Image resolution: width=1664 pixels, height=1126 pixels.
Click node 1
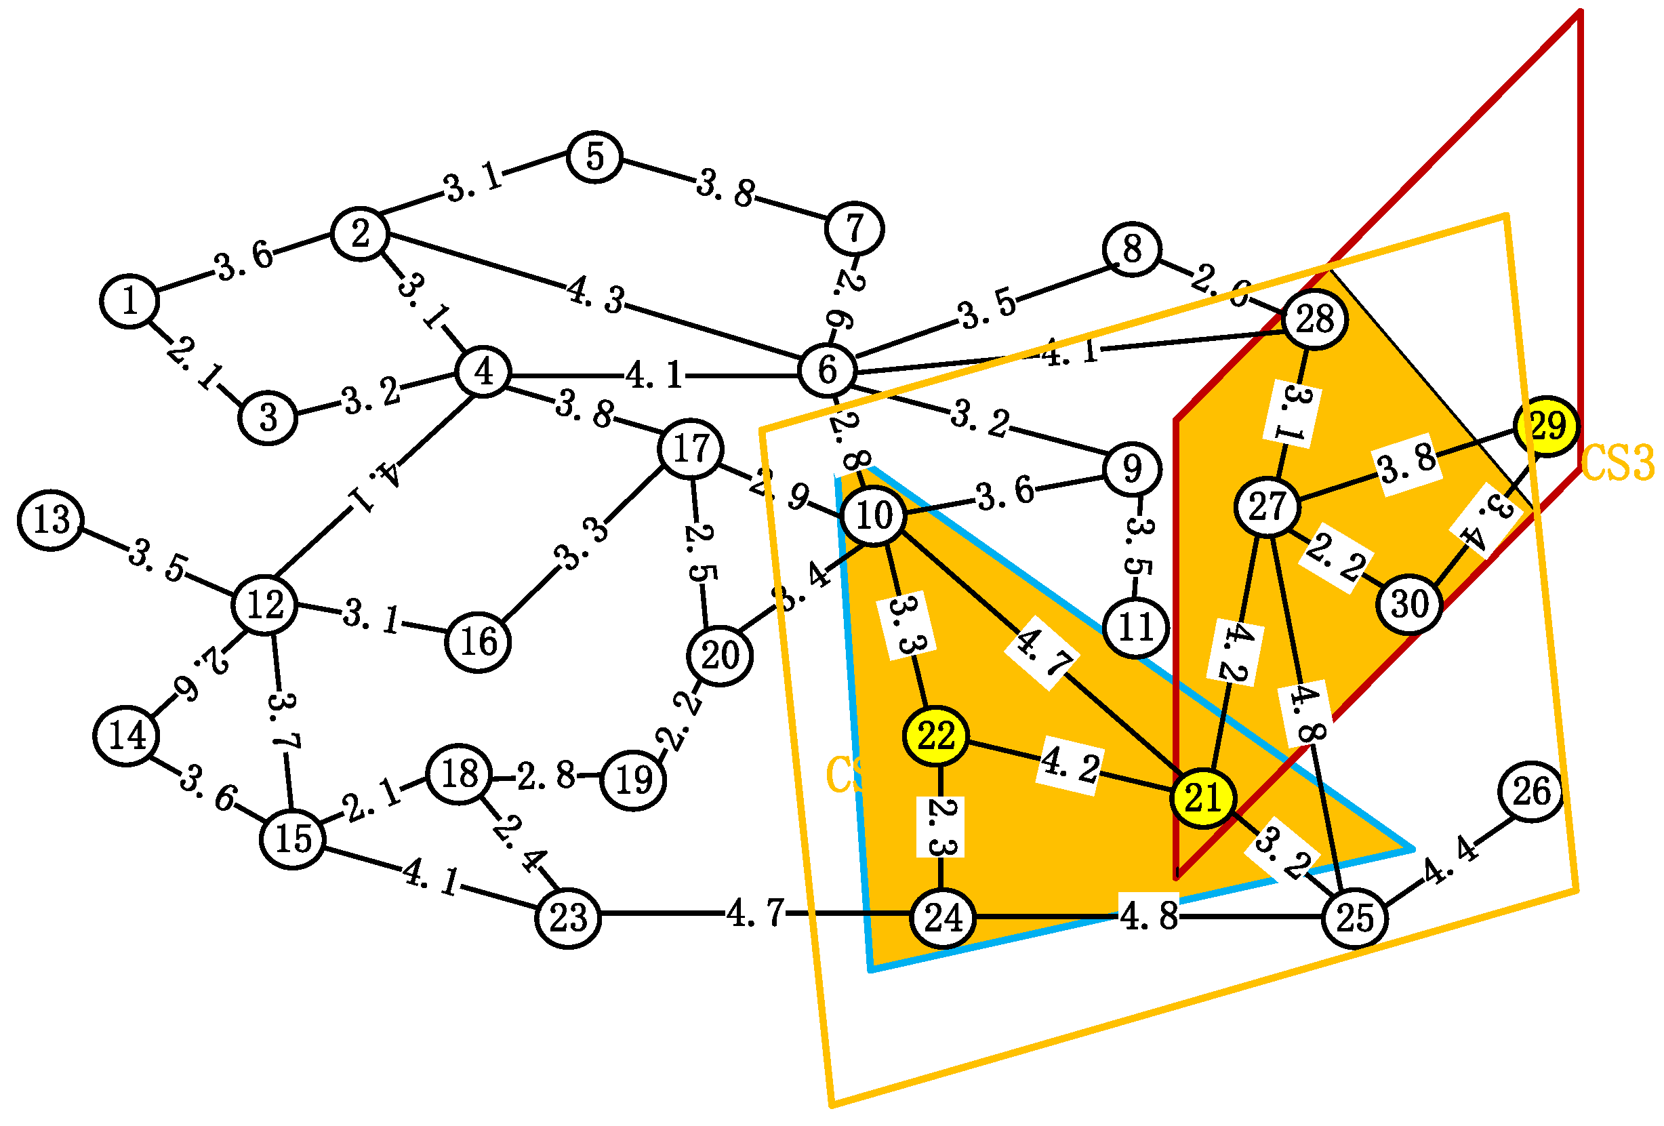(129, 302)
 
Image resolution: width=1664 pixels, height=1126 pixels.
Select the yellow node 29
(1547, 426)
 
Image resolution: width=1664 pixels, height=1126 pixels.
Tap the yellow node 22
(936, 736)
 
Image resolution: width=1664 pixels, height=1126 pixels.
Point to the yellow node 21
(1203, 798)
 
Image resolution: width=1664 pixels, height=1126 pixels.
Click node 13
(51, 520)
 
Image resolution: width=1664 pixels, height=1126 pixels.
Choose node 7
(854, 228)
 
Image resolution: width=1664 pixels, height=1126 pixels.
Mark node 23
(568, 918)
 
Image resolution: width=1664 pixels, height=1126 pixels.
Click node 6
(827, 370)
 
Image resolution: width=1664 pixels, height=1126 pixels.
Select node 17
(691, 449)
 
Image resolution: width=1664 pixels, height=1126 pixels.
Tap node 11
(1136, 628)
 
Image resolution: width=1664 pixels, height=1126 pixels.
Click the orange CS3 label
(1617, 463)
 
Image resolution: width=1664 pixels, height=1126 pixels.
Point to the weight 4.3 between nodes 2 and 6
(596, 296)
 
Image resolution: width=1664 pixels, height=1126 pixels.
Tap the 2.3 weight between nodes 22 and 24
(940, 827)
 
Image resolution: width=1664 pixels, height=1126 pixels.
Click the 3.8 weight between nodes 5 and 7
(725, 188)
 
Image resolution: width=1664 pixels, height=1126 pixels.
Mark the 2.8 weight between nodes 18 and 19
(546, 776)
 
